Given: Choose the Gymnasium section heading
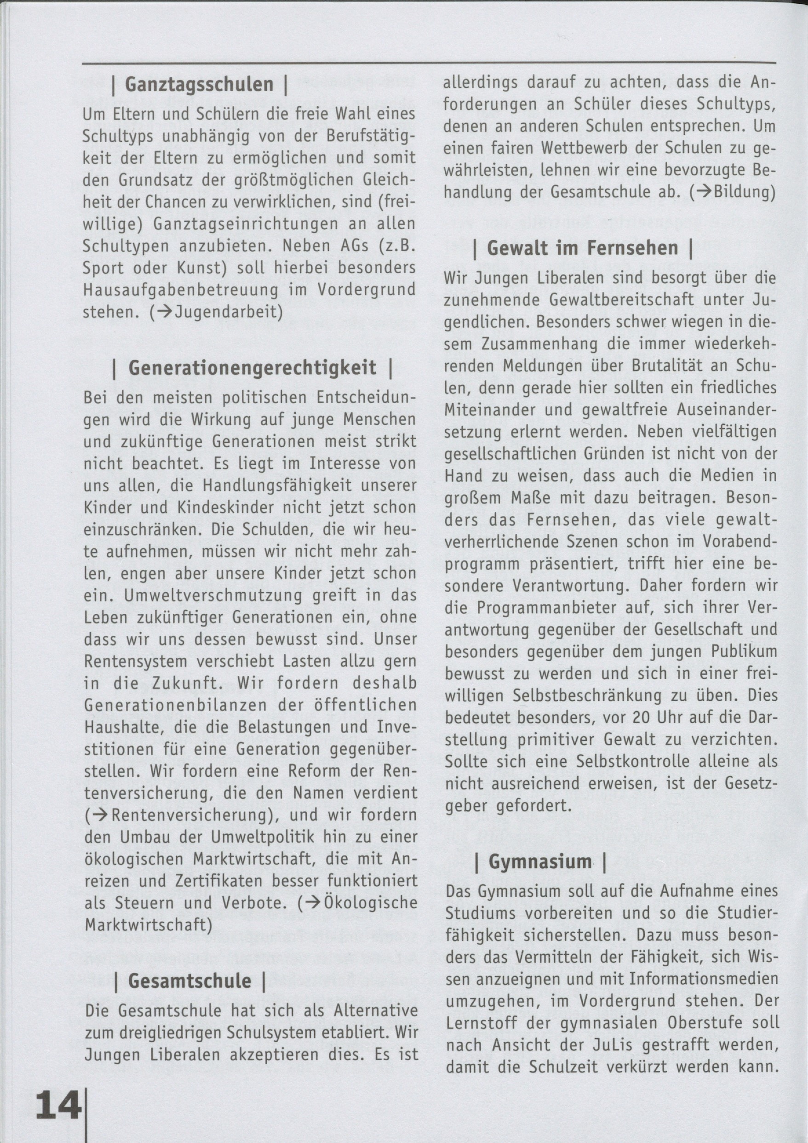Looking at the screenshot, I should pyautogui.click(x=540, y=513).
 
